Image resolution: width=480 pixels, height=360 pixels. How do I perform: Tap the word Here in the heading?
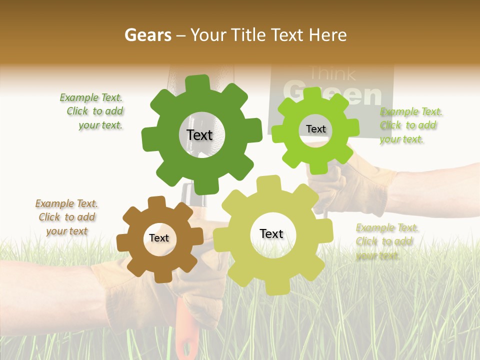pos(327,35)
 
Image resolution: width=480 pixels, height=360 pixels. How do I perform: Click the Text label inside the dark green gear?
pos(199,135)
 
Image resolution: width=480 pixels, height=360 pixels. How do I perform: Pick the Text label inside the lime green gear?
pos(315,129)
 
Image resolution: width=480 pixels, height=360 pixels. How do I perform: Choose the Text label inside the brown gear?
pos(159,238)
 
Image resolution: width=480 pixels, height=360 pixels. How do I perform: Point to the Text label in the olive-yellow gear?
pos(271,233)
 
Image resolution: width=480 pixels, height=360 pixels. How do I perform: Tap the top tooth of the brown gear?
pos(156,202)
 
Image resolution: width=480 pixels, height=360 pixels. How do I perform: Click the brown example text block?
pos(67,217)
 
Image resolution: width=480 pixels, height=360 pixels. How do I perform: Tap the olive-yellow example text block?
pos(386,241)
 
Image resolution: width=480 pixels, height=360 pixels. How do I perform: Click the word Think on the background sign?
pos(333,74)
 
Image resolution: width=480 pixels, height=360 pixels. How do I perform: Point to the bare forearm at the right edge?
pos(440,190)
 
